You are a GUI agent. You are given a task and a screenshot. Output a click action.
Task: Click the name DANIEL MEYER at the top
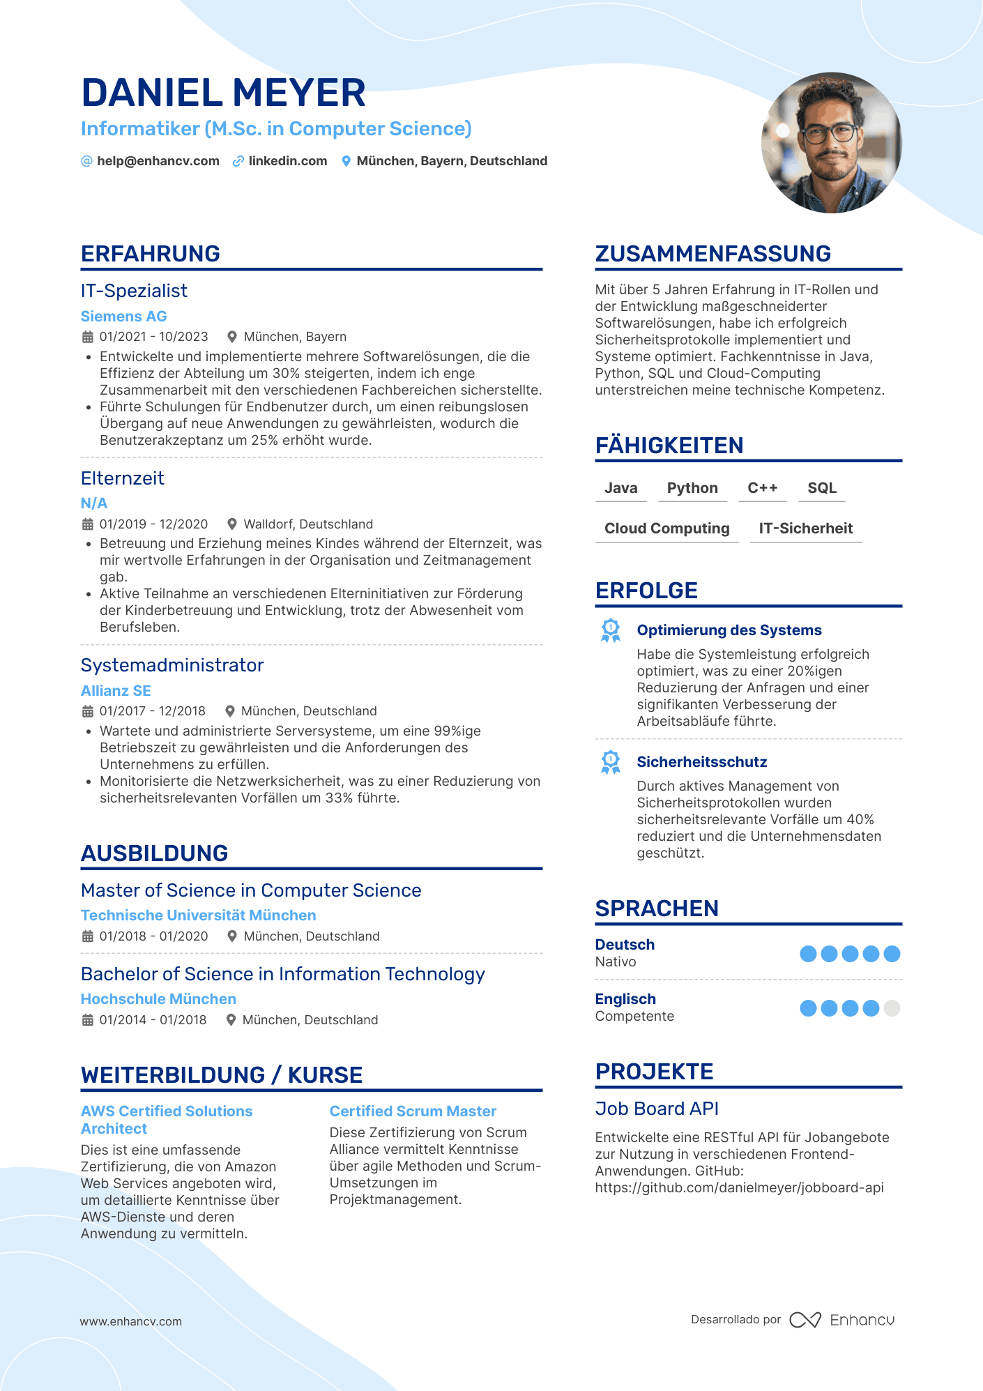coord(223,93)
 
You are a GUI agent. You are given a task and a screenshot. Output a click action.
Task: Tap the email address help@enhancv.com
coord(158,161)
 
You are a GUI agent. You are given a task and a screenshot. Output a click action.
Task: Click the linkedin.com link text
coord(287,161)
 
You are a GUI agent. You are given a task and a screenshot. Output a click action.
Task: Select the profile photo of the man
coord(831,143)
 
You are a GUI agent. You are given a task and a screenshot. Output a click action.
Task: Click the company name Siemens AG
coord(123,316)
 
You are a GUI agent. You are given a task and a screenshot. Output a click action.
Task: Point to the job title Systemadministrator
coord(172,665)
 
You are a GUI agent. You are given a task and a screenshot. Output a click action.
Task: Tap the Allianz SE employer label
coord(116,691)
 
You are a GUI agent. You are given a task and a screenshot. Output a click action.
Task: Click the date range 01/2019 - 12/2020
coord(153,524)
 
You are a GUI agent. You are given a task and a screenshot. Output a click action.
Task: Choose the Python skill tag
coord(692,488)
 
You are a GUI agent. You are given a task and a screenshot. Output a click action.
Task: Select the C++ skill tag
coord(762,488)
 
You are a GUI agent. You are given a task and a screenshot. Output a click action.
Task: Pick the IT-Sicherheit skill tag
coord(805,529)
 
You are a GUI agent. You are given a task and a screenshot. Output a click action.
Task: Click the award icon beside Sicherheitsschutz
coord(611,762)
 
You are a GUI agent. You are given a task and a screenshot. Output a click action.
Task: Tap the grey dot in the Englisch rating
coord(892,1008)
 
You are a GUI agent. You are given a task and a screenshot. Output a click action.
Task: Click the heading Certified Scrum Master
coord(413,1111)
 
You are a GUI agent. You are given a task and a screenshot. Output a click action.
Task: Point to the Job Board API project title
coord(657,1109)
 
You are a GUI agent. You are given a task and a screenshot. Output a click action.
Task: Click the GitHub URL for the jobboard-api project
coord(739,1187)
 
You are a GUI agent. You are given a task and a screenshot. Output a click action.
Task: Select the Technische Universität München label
coord(198,915)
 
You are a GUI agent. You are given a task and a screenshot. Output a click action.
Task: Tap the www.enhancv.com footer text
coord(130,1321)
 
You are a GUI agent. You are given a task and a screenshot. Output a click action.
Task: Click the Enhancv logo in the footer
coord(842,1320)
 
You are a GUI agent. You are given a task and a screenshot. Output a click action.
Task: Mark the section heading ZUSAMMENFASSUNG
coord(713,254)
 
